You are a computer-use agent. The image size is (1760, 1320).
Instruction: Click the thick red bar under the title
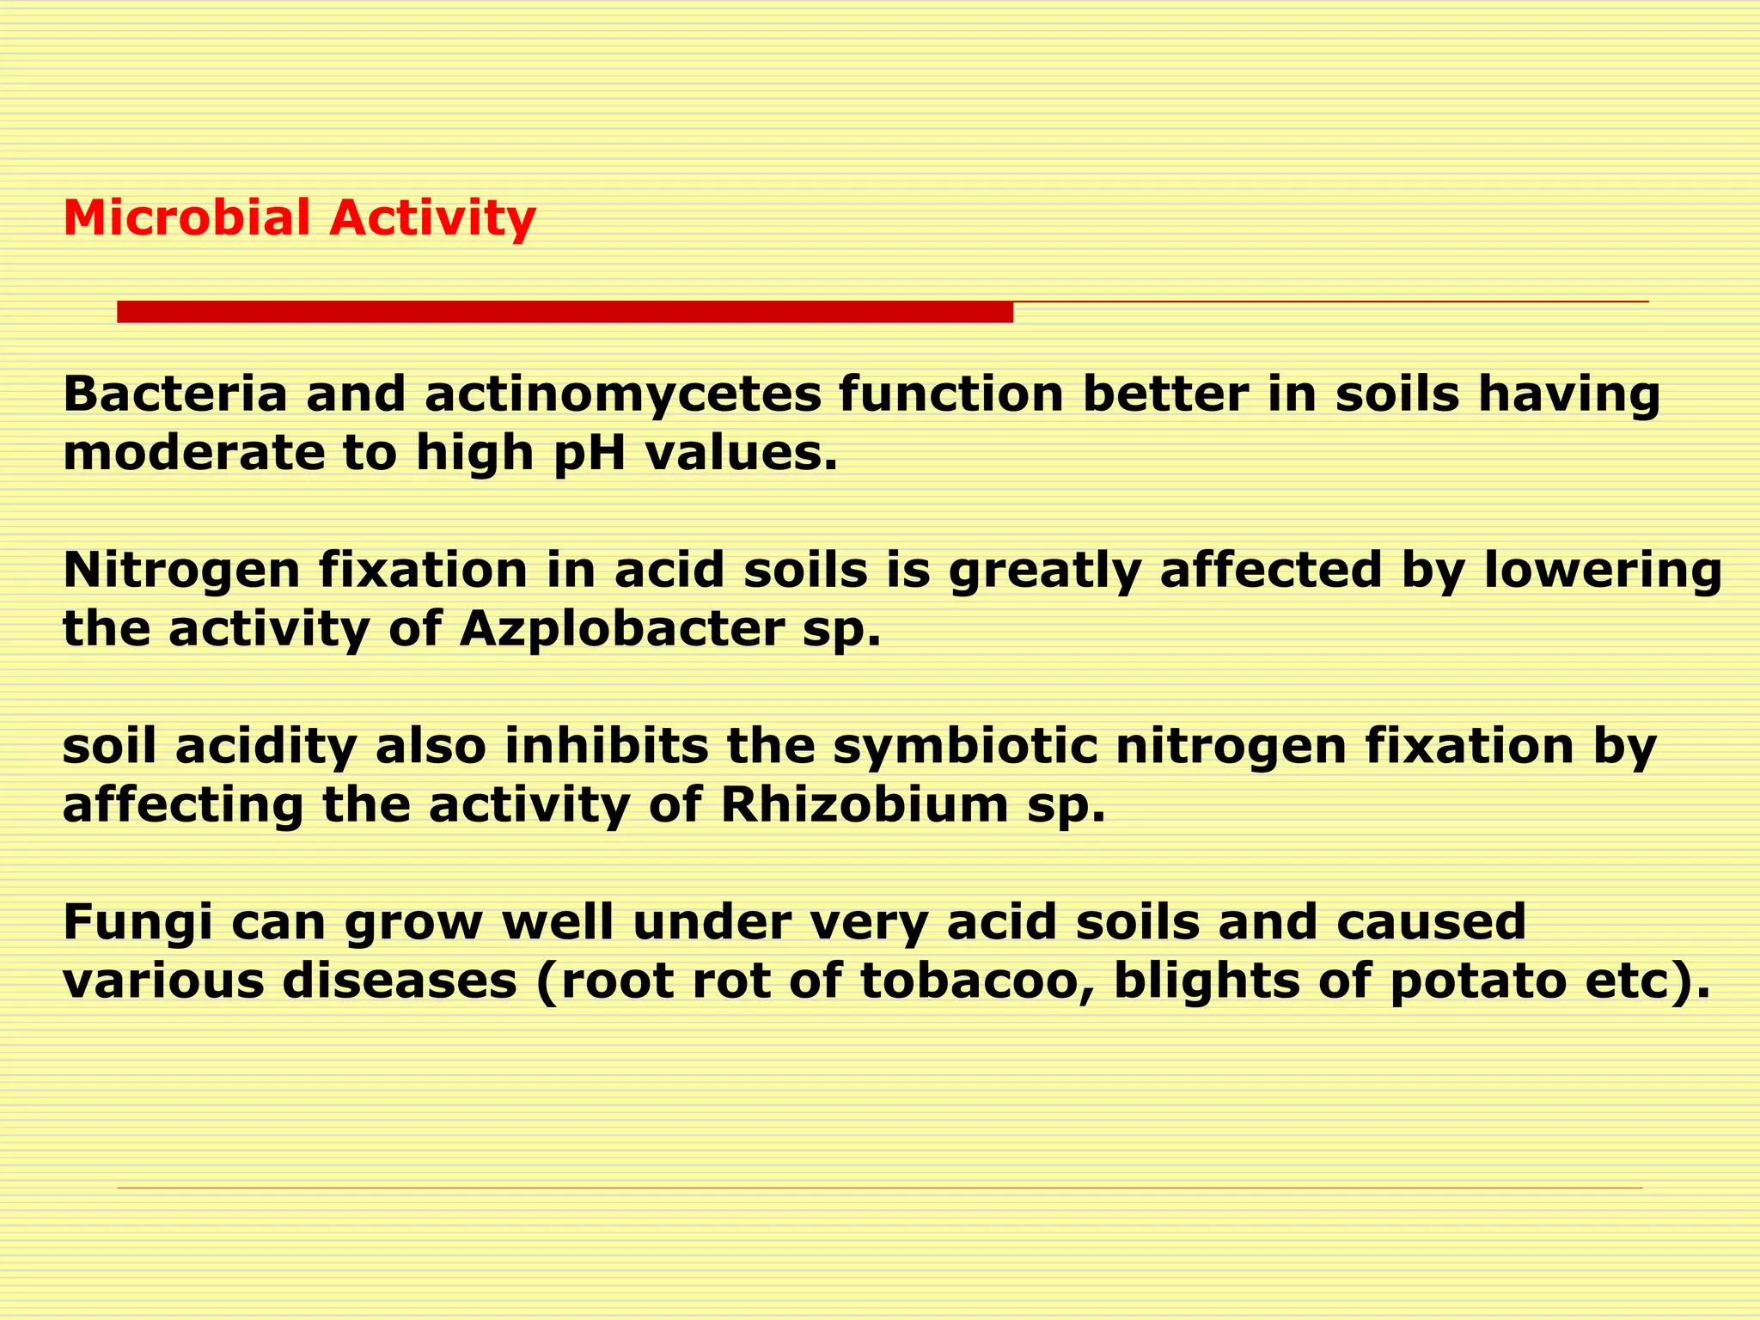click(565, 312)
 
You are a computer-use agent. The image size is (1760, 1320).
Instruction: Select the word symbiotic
click(965, 746)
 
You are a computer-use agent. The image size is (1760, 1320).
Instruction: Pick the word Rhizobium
click(864, 805)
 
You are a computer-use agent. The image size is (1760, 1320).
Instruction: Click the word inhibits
click(606, 746)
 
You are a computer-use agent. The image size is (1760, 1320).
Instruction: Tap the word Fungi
click(124, 923)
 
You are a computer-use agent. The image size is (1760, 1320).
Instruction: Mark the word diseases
click(400, 981)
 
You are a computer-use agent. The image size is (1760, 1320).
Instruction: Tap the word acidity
click(266, 748)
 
